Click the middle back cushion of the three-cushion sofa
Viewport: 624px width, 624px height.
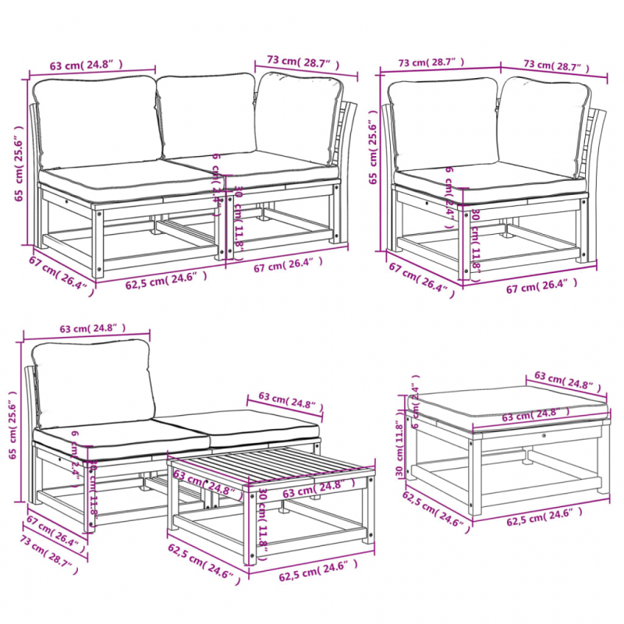click(x=207, y=115)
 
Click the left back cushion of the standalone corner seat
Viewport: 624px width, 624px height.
click(x=442, y=122)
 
